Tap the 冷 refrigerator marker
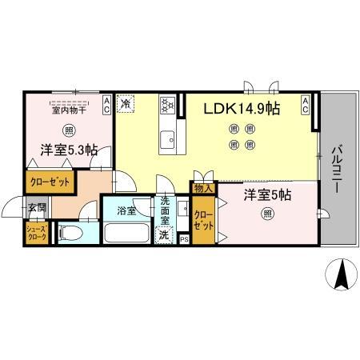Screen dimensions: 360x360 [x=126, y=103]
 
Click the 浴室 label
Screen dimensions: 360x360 [x=126, y=210]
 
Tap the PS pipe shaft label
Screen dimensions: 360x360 [x=184, y=238]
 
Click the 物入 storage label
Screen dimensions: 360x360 [x=202, y=189]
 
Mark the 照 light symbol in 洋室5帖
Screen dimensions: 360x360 [x=266, y=213]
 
